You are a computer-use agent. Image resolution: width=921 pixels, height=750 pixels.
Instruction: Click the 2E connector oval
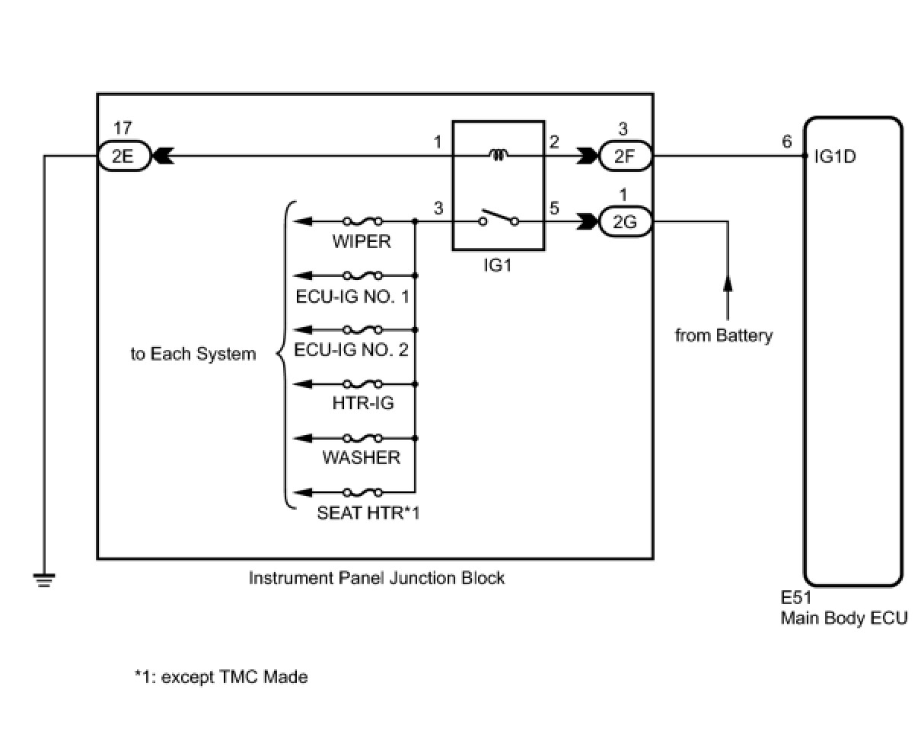coord(124,157)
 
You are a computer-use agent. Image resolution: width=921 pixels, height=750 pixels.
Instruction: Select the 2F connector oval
coord(624,157)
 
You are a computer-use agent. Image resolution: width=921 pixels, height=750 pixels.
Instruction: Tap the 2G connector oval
coord(624,222)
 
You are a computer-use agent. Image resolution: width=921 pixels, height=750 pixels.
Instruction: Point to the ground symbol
coord(45,580)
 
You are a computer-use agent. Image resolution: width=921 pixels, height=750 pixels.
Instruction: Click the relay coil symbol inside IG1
coord(499,156)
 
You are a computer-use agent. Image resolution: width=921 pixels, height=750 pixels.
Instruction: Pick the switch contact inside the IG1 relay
coord(499,220)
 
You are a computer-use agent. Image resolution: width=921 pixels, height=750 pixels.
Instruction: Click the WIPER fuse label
coord(362,242)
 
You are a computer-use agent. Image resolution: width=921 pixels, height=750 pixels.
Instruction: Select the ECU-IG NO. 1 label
coord(352,296)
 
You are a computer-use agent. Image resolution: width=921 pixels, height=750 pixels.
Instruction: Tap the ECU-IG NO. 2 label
coord(351,350)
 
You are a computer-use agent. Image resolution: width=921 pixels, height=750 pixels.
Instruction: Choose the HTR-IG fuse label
coord(363,403)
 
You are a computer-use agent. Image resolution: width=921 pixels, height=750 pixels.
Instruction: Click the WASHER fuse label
coord(361,457)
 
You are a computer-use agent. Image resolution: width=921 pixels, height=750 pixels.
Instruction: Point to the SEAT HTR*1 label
coord(368,513)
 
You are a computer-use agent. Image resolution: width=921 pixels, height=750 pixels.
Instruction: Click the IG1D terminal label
coord(834,157)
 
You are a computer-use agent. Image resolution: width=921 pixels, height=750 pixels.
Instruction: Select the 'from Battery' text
coord(723,335)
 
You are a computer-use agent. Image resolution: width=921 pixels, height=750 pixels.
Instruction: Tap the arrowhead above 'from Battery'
coord(728,282)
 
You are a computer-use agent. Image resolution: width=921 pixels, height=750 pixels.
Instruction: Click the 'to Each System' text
coord(193,354)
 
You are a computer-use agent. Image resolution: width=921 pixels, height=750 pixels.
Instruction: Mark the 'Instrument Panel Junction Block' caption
coord(376,578)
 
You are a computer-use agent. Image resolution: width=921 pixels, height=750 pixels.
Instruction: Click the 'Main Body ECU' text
coord(843,618)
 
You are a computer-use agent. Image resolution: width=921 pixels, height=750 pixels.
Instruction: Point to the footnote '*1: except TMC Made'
coord(221,677)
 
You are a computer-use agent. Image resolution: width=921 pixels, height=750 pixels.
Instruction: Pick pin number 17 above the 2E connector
coord(121,129)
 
